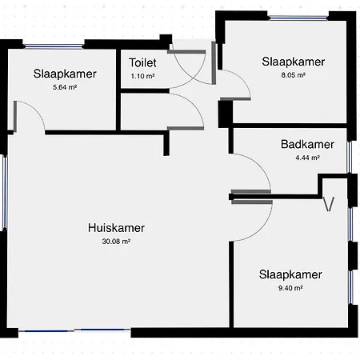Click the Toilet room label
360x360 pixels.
[x=142, y=62]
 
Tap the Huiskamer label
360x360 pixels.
[x=116, y=228]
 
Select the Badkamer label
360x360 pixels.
[x=307, y=144]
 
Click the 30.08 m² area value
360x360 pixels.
[x=116, y=242]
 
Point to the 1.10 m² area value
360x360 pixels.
[x=142, y=76]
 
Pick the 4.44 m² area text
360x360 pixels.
[x=307, y=158]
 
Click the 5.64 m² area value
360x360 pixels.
[x=65, y=87]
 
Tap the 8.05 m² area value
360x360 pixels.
[x=294, y=75]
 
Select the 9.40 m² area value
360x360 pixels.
[x=290, y=288]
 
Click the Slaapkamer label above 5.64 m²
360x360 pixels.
[x=65, y=74]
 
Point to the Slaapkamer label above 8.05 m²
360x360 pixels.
[x=294, y=62]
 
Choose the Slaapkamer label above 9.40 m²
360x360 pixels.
[x=290, y=274]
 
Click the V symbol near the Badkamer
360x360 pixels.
[x=329, y=205]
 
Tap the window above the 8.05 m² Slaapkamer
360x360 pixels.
[x=298, y=18]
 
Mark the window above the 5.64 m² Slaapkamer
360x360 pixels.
[x=54, y=46]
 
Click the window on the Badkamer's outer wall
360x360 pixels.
[x=350, y=158]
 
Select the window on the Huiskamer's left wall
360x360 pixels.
[x=5, y=192]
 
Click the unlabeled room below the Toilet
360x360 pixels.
[x=144, y=111]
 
